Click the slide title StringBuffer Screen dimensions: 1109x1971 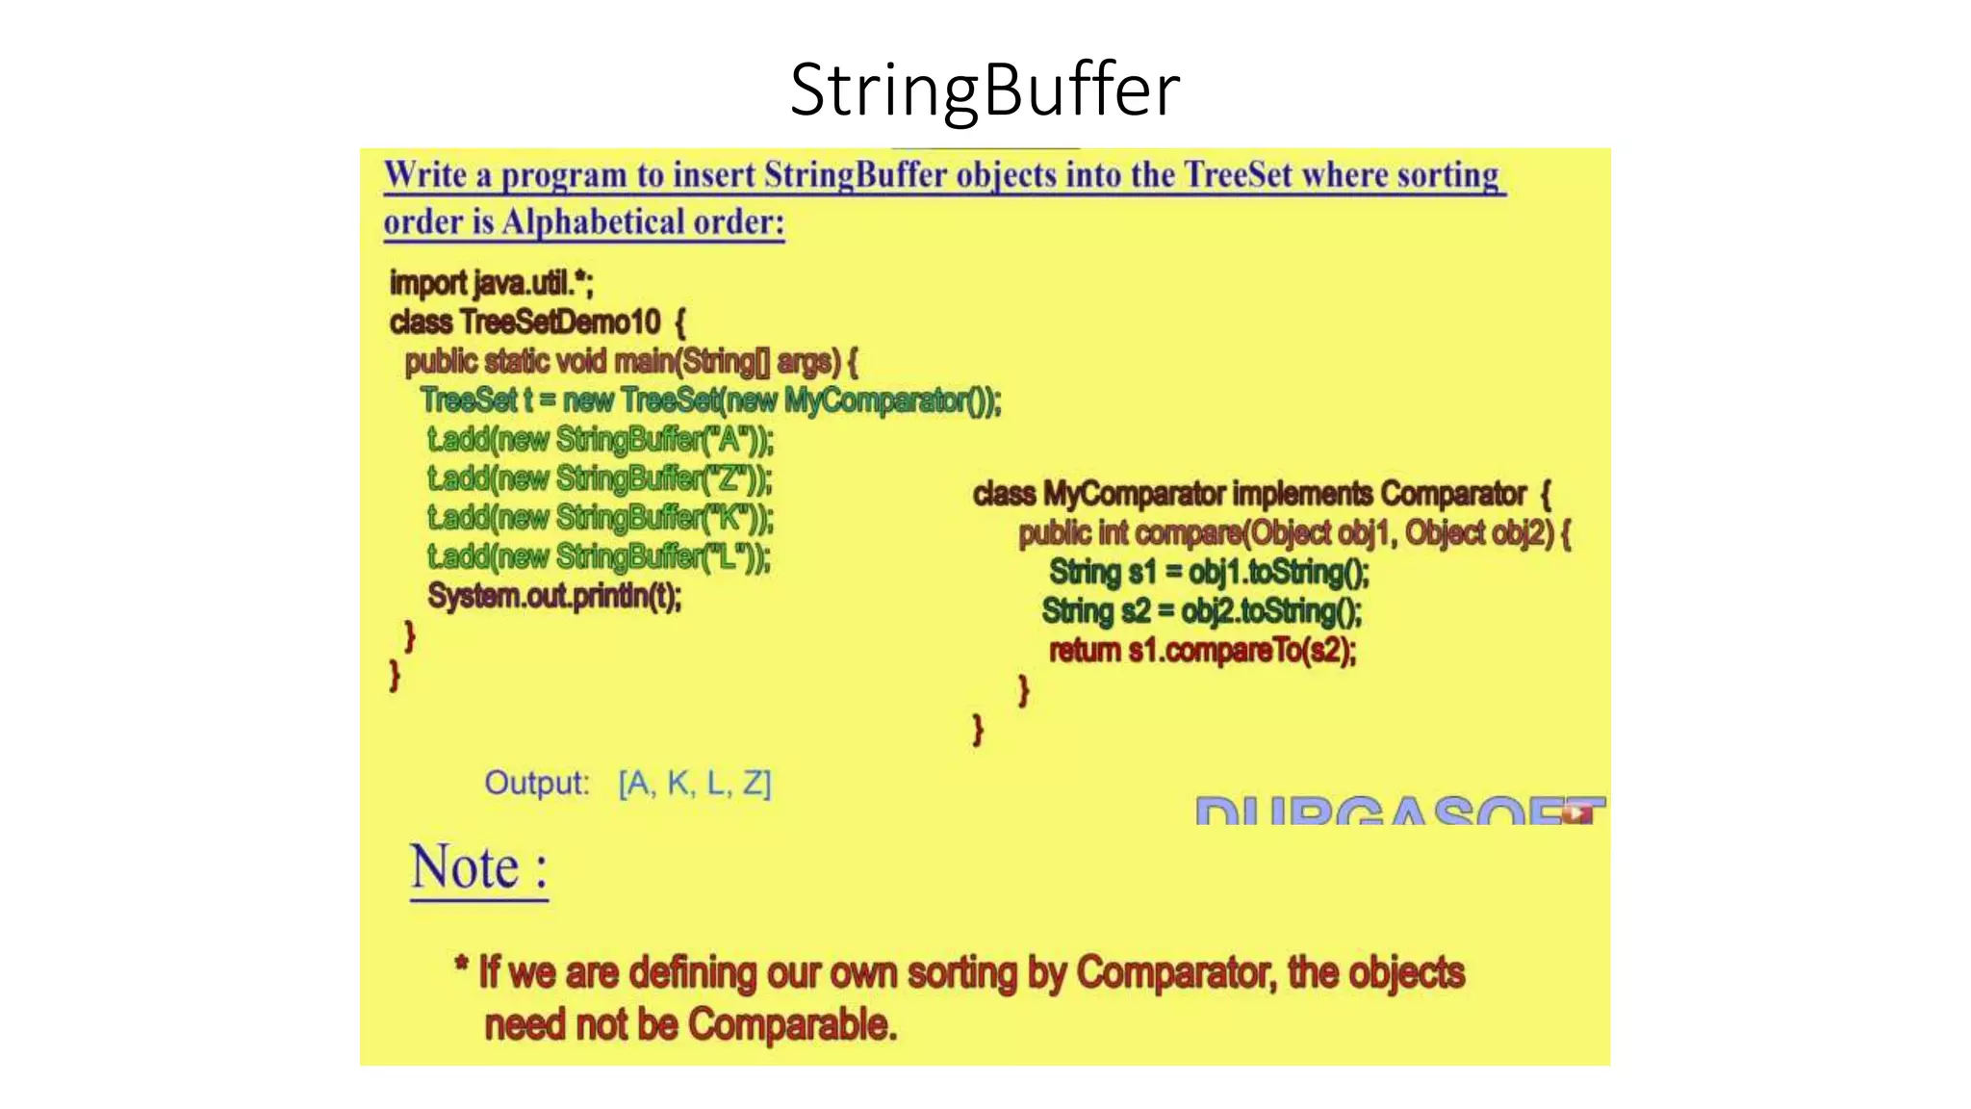[x=985, y=90]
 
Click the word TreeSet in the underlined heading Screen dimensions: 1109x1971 [x=1238, y=175]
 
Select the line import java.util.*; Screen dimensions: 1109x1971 [x=492, y=283]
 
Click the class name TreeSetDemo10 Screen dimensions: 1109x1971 [x=559, y=322]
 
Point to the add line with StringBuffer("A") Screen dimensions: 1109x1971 [x=601, y=440]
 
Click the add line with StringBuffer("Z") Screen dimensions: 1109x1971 [x=600, y=478]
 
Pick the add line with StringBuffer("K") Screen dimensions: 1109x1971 [x=601, y=518]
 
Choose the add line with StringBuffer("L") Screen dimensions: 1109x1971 [x=599, y=556]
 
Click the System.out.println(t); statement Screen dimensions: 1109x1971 [x=554, y=596]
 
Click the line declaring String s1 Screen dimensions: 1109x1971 [x=1209, y=572]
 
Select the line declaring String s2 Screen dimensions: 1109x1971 [x=1202, y=611]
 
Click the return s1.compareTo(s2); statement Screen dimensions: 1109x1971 [x=1202, y=651]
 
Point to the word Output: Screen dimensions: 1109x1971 [x=536, y=783]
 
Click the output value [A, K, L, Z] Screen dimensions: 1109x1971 [x=695, y=784]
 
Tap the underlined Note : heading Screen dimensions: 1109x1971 [x=478, y=867]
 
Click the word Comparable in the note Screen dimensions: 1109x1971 [x=792, y=1024]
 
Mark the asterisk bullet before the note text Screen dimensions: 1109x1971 [x=461, y=964]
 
